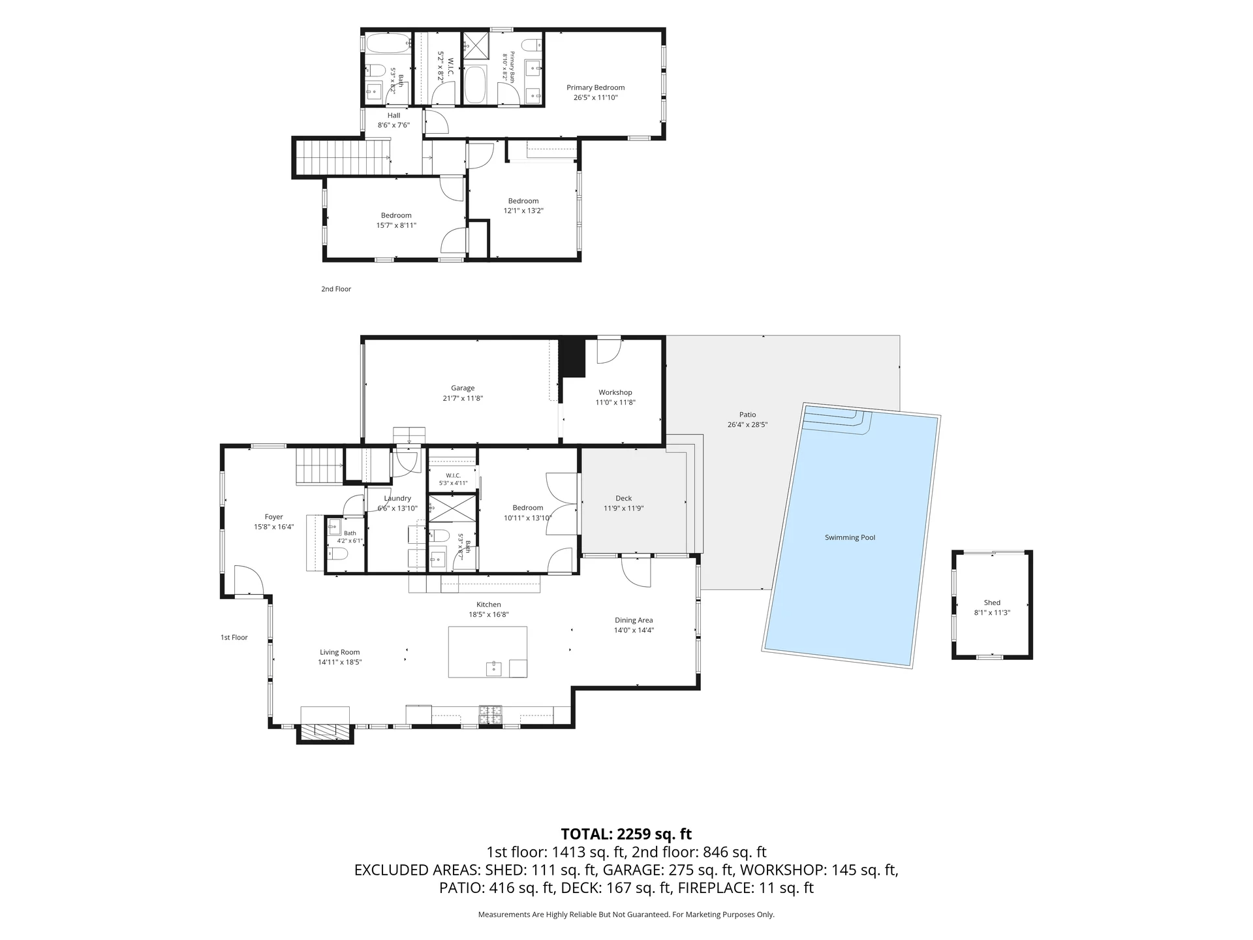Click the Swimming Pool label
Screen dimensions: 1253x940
[850, 538]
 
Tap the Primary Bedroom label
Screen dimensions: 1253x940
[595, 87]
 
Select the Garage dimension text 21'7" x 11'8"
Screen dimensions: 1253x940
[463, 398]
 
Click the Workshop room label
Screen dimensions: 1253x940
[615, 392]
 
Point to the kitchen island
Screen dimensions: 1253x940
[487, 651]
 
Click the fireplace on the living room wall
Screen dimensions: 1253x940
[325, 733]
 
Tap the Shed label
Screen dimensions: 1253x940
[992, 603]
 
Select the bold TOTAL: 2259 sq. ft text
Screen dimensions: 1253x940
[626, 834]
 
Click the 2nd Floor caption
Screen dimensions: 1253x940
[336, 289]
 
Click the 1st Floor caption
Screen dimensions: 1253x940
[234, 638]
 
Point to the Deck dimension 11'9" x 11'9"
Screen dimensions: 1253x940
[623, 509]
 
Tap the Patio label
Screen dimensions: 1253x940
[748, 415]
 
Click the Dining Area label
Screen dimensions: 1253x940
[634, 620]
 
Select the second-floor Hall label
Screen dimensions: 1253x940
[394, 116]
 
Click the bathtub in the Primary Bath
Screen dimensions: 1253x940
[475, 84]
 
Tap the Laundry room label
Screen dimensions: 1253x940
[397, 499]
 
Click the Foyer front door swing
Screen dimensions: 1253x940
[249, 580]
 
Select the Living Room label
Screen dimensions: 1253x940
[339, 652]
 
